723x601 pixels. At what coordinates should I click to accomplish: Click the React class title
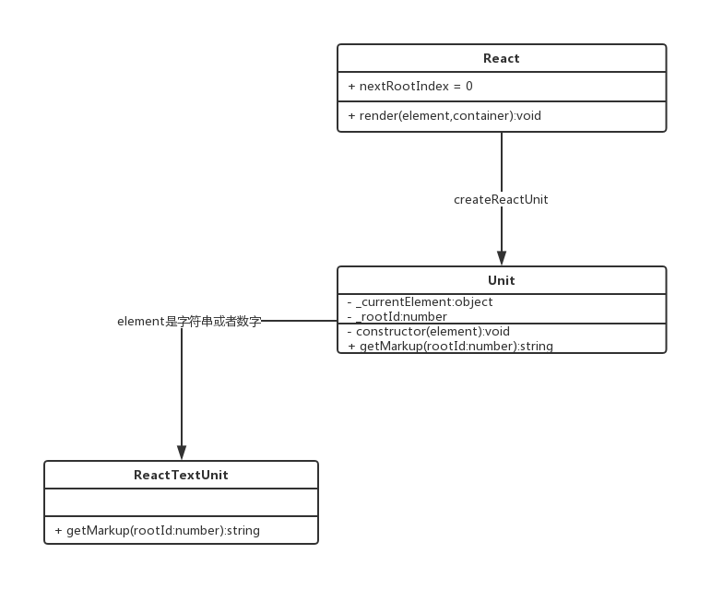click(x=501, y=58)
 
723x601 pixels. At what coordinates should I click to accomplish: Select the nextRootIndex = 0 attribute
click(x=410, y=87)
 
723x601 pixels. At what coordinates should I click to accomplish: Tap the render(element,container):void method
click(x=444, y=116)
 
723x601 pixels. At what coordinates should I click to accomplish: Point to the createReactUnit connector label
click(x=501, y=199)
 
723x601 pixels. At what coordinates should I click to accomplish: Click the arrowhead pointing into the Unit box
click(x=502, y=258)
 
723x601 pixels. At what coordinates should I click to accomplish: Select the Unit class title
click(x=501, y=280)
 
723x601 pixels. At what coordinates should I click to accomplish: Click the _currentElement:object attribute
click(x=420, y=302)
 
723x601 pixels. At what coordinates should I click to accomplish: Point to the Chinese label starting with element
click(x=189, y=322)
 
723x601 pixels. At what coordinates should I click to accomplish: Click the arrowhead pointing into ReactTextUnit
click(x=182, y=453)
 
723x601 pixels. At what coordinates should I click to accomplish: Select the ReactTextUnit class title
click(x=181, y=475)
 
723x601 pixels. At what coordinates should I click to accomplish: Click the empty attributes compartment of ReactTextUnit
click(x=181, y=502)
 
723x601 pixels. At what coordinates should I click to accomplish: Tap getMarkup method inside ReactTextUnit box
click(x=157, y=531)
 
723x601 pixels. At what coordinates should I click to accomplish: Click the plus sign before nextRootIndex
click(x=352, y=87)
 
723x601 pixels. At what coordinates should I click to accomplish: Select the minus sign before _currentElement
click(x=350, y=302)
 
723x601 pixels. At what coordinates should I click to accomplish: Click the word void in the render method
click(x=528, y=116)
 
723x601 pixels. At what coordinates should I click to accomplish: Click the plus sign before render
click(x=352, y=116)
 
